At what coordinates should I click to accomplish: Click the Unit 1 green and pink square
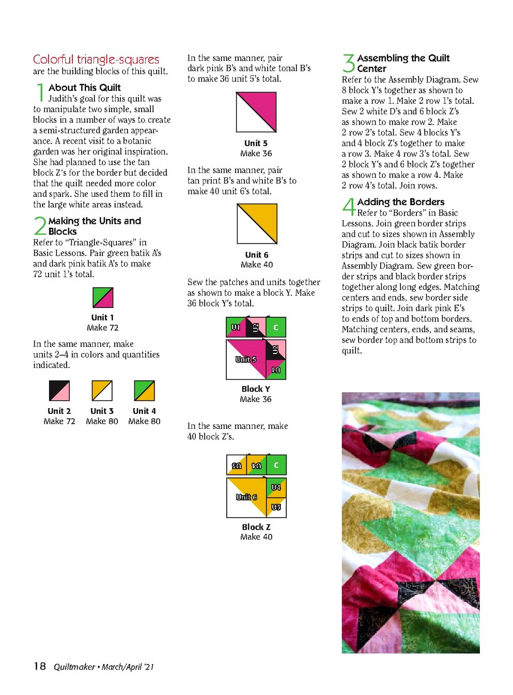103,297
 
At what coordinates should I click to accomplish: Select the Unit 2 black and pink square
59,391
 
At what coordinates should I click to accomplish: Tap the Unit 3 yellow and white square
102,391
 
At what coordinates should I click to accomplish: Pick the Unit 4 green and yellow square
144,391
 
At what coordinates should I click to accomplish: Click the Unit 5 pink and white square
256,112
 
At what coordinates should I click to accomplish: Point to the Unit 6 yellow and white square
257,224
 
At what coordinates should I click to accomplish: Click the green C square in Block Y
276,327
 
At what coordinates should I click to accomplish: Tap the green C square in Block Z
276,465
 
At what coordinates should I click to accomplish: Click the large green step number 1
40,93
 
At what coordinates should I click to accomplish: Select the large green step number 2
40,226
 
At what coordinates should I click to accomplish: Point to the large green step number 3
349,63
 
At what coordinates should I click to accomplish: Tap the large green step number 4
349,207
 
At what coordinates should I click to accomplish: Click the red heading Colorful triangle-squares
96,59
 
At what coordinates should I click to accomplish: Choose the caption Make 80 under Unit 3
102,421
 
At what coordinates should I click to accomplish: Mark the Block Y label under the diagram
256,389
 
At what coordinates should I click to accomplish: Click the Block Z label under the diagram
256,527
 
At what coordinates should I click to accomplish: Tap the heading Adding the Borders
401,202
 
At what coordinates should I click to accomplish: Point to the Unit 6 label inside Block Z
246,497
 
